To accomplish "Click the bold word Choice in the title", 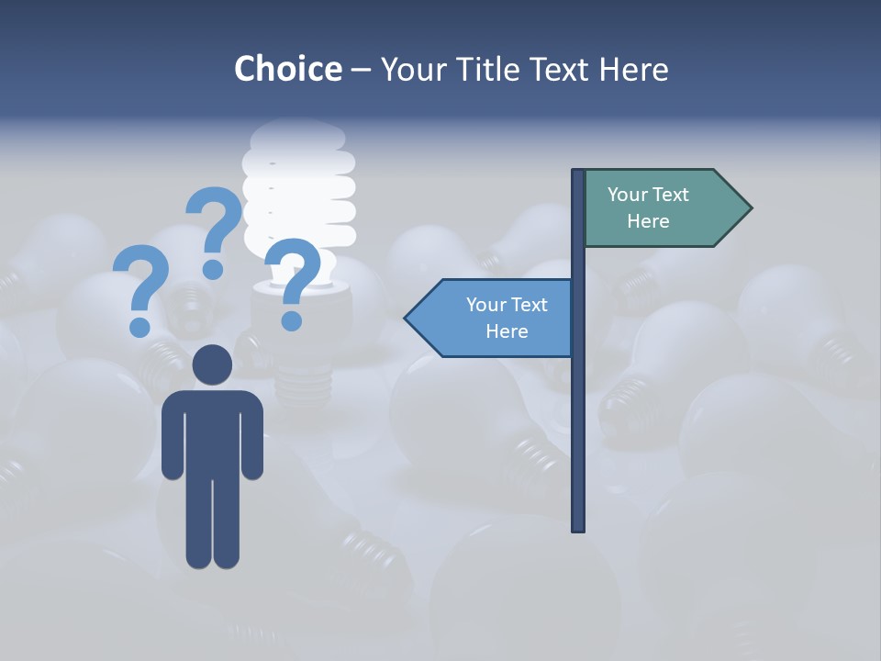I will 287,69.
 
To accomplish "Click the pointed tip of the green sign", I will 749,208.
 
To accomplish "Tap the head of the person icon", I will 212,364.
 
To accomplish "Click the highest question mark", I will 214,230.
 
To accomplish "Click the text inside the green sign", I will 648,207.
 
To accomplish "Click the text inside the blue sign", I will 507,318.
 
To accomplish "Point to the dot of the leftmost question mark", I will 139,327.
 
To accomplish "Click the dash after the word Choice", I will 361,71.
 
